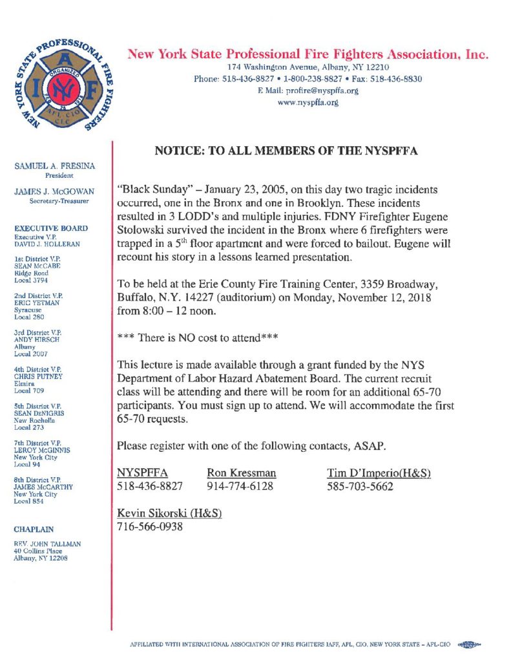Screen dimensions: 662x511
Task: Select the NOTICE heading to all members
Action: pos(286,151)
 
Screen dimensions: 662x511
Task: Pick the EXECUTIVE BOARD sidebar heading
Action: pos(51,228)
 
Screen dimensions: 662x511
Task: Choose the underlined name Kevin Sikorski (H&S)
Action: pos(169,513)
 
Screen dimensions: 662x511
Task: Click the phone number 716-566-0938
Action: pos(150,526)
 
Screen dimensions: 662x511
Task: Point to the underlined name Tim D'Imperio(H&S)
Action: pos(379,473)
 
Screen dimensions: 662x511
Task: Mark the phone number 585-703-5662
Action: pos(360,487)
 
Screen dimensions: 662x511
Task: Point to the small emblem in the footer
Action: pos(469,644)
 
